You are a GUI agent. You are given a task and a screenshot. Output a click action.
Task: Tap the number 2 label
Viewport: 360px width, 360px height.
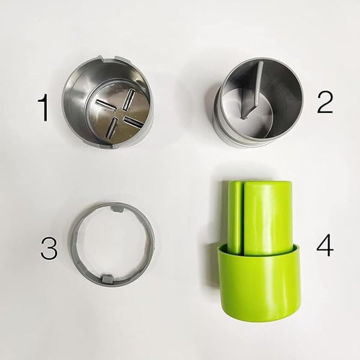coord(325,103)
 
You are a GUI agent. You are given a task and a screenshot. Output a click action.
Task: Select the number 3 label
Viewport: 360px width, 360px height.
coord(49,247)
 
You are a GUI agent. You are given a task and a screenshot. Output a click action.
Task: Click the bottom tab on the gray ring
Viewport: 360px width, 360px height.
coord(108,277)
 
